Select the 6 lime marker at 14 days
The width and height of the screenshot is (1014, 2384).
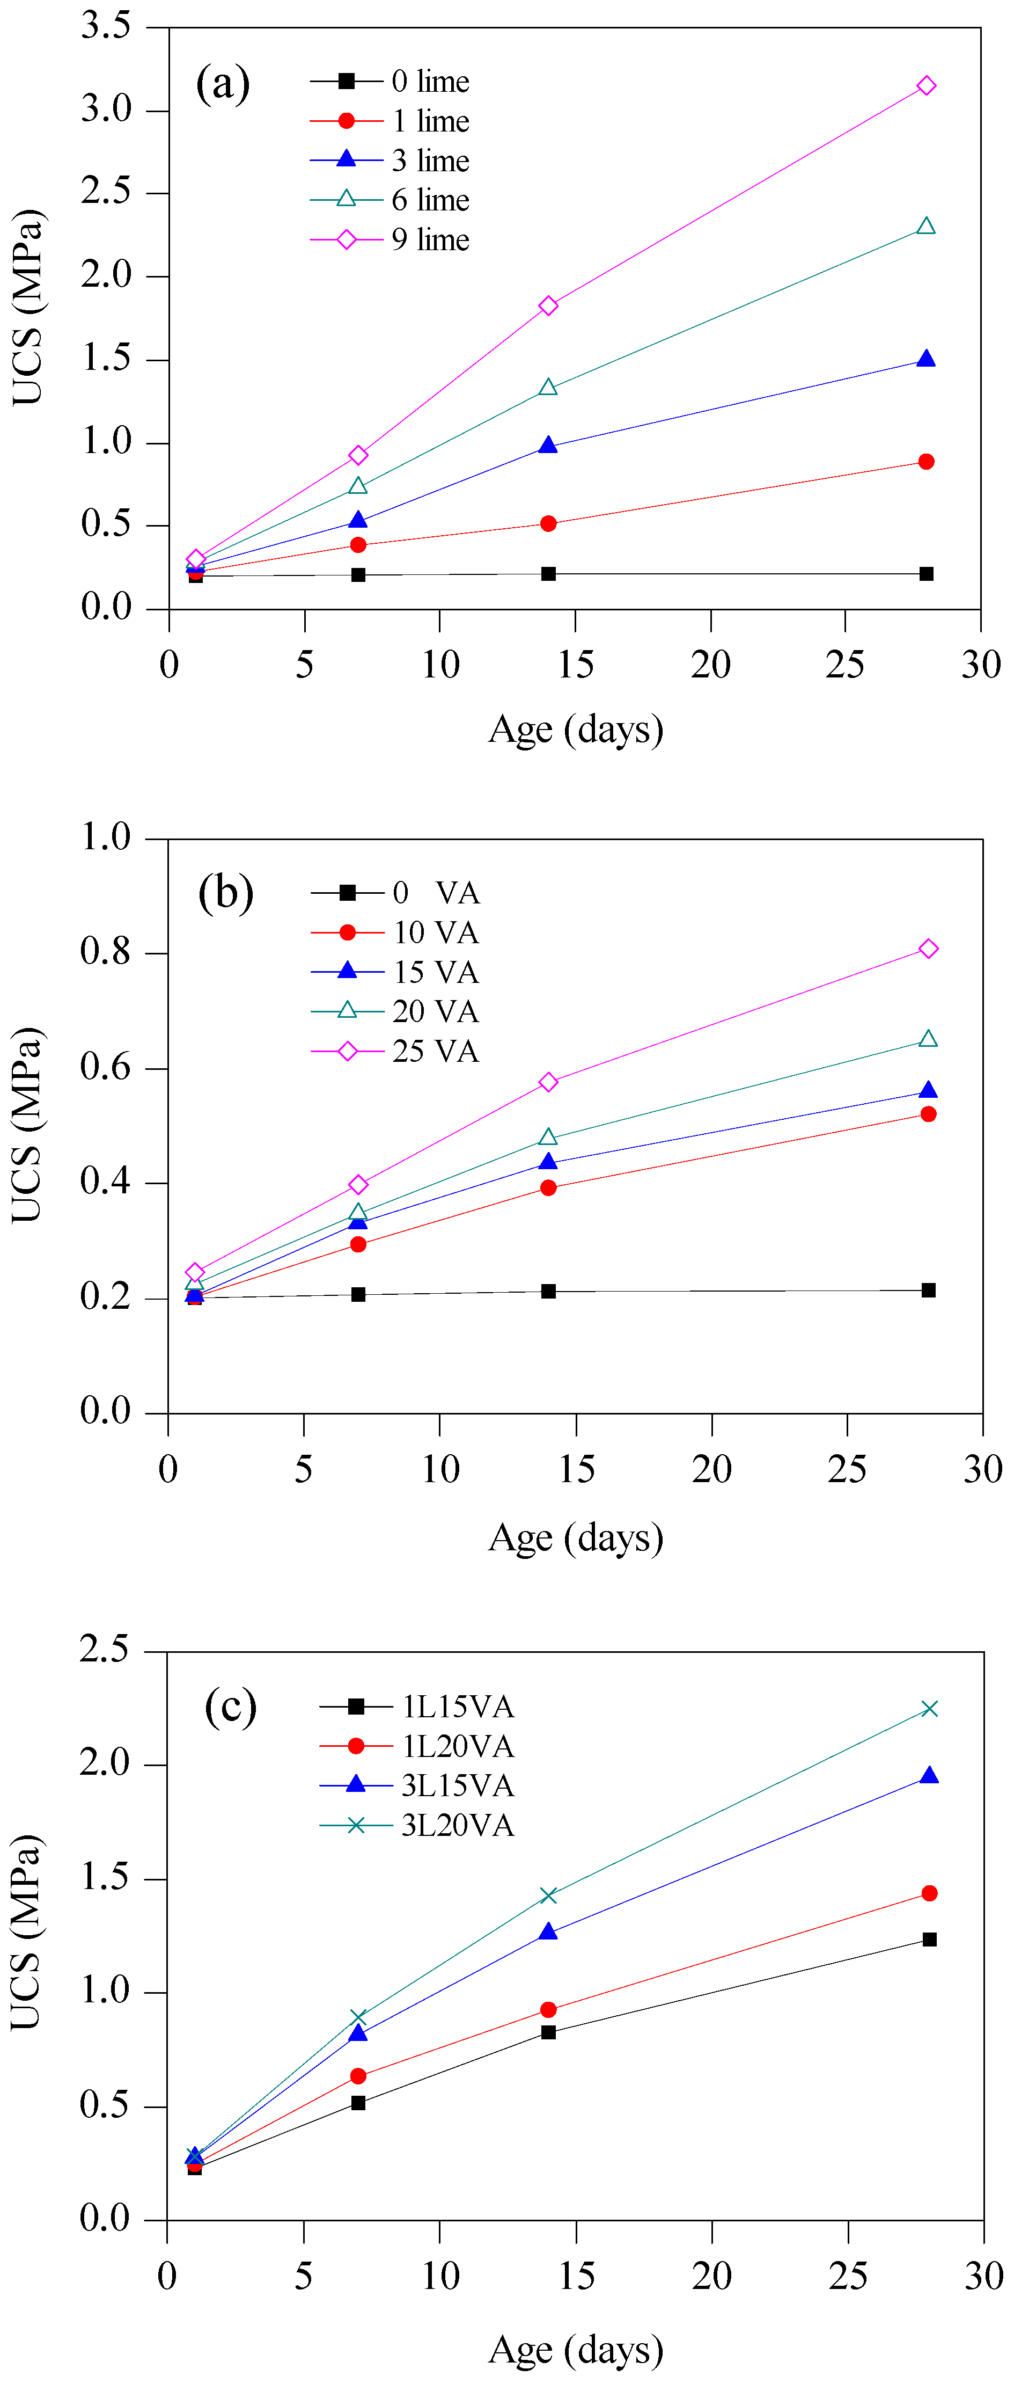point(548,387)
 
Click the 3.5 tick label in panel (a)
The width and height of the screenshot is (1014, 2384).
point(106,26)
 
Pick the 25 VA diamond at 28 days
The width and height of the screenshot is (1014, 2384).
point(928,949)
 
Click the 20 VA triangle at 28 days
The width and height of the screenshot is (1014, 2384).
point(928,1039)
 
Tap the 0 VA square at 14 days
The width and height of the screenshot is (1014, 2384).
point(548,1291)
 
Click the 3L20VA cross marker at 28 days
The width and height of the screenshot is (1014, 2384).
point(929,1708)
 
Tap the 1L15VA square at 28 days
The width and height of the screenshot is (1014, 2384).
point(929,1939)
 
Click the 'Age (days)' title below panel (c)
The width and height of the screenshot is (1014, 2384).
point(576,2349)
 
